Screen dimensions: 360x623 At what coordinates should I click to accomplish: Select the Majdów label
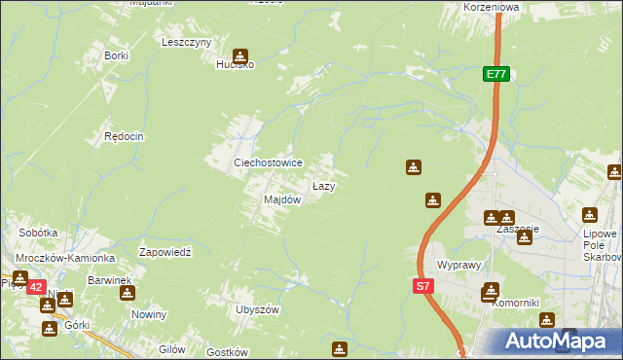coord(282,199)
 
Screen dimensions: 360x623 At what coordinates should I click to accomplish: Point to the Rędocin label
coord(125,137)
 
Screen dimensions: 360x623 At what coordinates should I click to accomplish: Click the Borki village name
coord(117,55)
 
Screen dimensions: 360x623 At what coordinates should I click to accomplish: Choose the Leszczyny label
coord(187,43)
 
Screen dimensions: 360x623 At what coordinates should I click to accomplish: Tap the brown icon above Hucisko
coord(239,55)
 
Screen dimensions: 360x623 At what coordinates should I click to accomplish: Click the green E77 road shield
coord(495,74)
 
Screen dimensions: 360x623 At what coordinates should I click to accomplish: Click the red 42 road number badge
coord(35,287)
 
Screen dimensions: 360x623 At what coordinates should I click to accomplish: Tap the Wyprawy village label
coord(459,265)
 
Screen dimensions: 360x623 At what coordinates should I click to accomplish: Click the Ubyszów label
coord(257,309)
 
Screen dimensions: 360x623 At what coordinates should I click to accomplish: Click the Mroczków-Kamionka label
coord(65,258)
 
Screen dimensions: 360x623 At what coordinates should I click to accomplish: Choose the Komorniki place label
coord(515,303)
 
